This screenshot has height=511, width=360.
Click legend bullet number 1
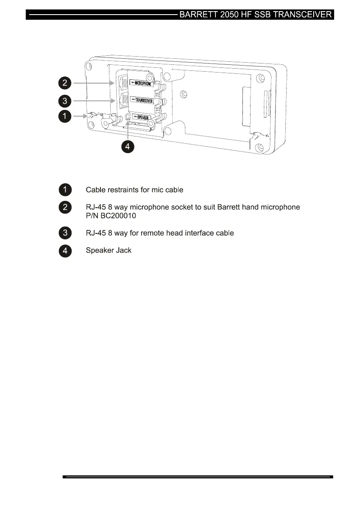tap(65, 189)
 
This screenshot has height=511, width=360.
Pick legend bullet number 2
tap(65, 207)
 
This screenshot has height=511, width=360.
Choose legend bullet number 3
tap(65, 233)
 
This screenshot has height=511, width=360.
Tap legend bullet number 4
tap(65, 251)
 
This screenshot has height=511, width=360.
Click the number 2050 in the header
tap(231, 15)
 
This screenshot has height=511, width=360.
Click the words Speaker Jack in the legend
tap(109, 251)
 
